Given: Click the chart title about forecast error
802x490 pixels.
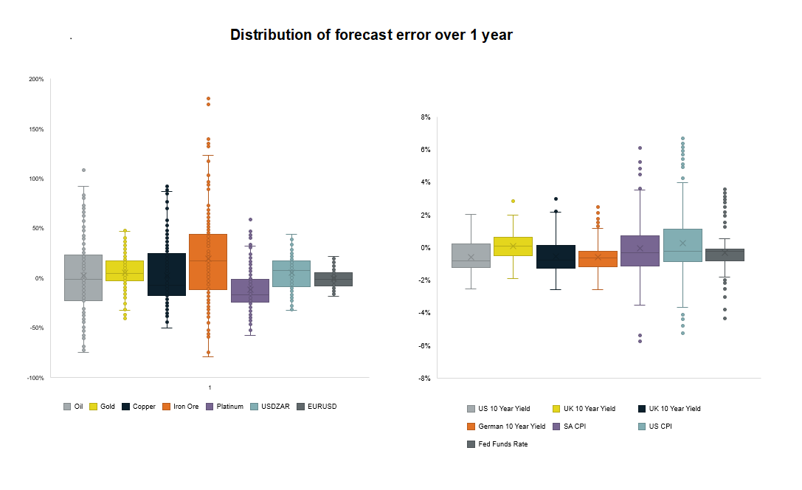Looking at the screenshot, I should point(371,35).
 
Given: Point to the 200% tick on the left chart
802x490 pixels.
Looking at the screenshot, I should point(36,79).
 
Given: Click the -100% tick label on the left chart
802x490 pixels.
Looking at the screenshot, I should point(35,378).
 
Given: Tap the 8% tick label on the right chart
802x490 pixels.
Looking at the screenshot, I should point(425,117).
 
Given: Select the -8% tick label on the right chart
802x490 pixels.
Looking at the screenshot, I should point(424,379).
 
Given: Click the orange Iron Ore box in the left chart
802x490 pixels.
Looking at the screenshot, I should point(208,262).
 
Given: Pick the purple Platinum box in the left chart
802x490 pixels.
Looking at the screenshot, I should point(250,291).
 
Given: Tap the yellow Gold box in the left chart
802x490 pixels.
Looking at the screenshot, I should point(125,271).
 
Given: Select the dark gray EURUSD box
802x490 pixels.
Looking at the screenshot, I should point(333,279).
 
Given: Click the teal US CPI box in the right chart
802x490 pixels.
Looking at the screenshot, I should point(682,245).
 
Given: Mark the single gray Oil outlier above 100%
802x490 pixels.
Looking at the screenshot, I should point(83,170).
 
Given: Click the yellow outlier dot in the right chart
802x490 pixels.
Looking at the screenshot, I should point(513,201).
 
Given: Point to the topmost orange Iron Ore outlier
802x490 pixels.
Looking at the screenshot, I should point(208,99).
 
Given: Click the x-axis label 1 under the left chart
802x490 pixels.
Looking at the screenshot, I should point(210,388).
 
